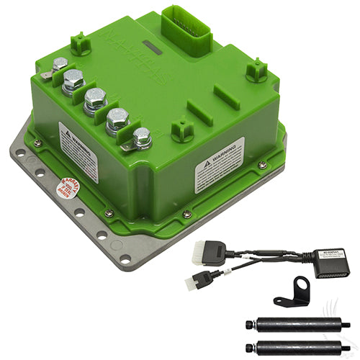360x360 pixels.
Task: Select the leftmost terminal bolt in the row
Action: pyautogui.click(x=60, y=64)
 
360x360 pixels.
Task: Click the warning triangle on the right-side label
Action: pyautogui.click(x=206, y=161)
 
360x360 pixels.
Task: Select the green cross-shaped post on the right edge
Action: pyautogui.click(x=256, y=71)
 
